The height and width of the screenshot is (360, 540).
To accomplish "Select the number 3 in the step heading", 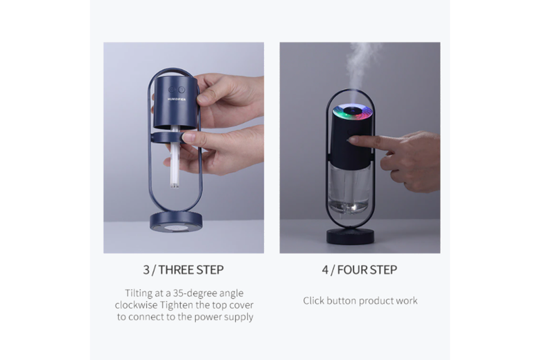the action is pyautogui.click(x=146, y=269).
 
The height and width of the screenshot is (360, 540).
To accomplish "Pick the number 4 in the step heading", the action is pyautogui.click(x=325, y=269).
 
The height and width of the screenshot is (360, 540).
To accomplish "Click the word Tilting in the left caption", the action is pyautogui.click(x=139, y=293).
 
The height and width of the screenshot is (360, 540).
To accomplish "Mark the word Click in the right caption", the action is pyautogui.click(x=313, y=301).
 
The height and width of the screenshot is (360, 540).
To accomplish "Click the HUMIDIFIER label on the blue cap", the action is pyautogui.click(x=177, y=99).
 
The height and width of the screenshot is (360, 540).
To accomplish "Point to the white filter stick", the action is pyautogui.click(x=175, y=159).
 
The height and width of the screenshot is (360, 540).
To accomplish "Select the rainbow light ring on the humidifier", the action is pyautogui.click(x=352, y=113).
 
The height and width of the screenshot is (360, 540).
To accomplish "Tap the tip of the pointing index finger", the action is pyautogui.click(x=351, y=140).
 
